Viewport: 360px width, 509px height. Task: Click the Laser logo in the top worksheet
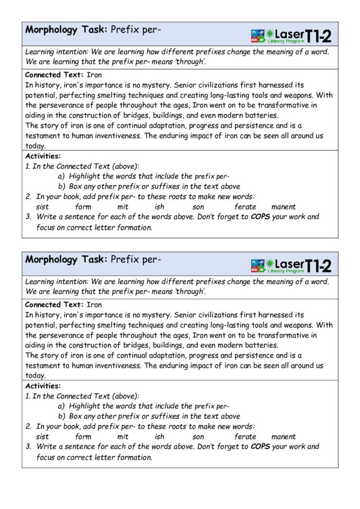tap(291, 35)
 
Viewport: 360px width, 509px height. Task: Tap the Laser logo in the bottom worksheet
tap(291, 265)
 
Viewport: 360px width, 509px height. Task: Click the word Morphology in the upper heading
tap(51, 29)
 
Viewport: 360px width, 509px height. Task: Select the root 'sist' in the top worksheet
tap(42, 207)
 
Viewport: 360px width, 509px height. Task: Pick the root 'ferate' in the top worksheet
tap(245, 207)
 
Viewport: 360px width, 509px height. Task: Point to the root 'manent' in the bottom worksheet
tap(283, 436)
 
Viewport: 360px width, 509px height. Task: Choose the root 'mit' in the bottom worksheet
tap(123, 436)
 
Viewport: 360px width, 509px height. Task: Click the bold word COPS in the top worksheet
tap(260, 217)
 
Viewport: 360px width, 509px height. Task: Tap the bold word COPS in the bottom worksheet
tap(260, 446)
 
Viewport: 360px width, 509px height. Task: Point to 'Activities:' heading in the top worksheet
tap(43, 156)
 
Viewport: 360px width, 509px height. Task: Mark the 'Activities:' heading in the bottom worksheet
tap(43, 386)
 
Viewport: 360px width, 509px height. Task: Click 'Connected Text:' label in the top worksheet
tap(55, 75)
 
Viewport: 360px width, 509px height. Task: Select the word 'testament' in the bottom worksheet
tap(43, 366)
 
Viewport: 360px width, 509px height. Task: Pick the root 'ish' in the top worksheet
tap(159, 207)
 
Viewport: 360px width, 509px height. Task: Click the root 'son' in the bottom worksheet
tap(198, 436)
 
